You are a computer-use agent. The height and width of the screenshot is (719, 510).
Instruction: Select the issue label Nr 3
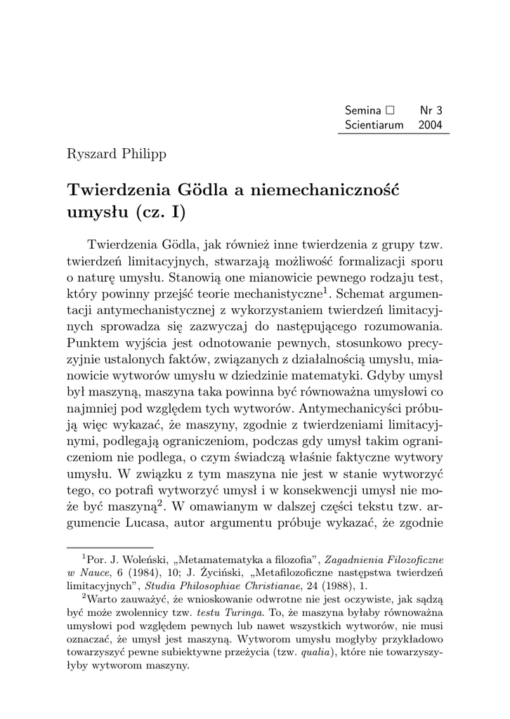pyautogui.click(x=435, y=110)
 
